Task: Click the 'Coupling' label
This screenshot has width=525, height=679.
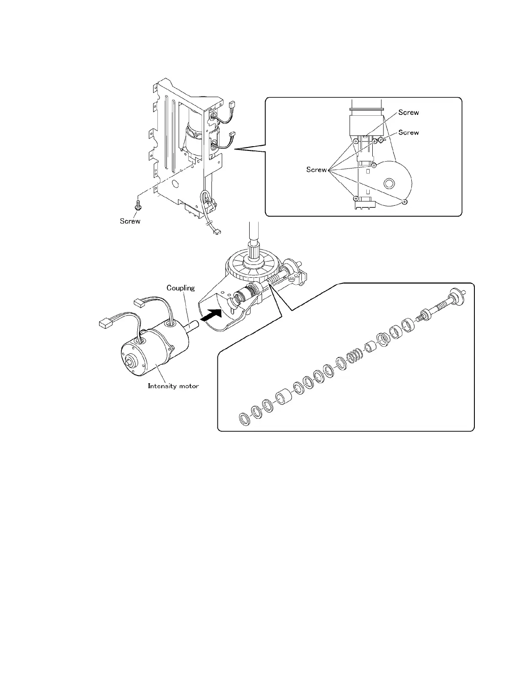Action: tap(181, 288)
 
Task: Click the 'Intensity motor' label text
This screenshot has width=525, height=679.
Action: tap(173, 386)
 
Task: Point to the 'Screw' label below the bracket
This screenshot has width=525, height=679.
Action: tap(130, 221)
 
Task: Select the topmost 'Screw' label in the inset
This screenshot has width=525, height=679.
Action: tap(408, 112)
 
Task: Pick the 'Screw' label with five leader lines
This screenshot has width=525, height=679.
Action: tap(317, 170)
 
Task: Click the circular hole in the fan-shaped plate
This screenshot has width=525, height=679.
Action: tap(389, 183)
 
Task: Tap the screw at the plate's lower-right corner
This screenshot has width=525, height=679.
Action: tap(405, 201)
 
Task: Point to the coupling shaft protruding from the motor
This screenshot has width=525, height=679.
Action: tap(194, 327)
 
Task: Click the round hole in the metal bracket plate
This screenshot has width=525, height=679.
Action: tap(175, 183)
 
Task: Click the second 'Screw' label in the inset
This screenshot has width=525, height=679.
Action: tap(408, 132)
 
